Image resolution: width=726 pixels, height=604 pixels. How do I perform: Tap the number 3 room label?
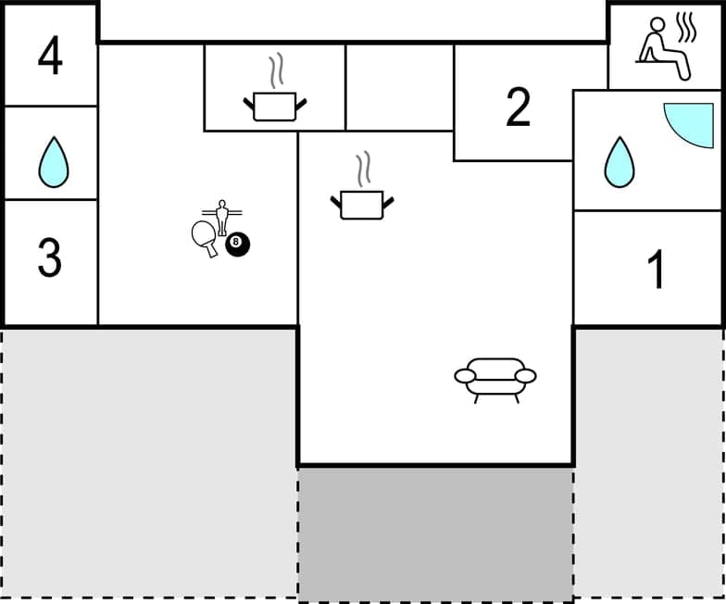(x=50, y=258)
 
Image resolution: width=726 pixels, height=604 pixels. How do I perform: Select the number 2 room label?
(x=519, y=108)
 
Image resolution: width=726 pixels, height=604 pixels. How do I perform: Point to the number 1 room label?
(x=656, y=271)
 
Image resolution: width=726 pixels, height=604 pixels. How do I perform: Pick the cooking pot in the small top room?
(x=274, y=105)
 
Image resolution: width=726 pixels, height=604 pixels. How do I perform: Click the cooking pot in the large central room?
(x=361, y=204)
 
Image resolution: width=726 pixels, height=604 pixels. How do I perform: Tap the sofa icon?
(x=495, y=379)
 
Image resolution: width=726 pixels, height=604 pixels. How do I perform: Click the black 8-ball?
(x=238, y=245)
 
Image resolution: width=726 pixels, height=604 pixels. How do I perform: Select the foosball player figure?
(x=220, y=216)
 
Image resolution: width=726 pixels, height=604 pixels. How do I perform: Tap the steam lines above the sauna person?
(x=685, y=28)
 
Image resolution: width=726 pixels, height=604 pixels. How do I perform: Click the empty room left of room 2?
(x=399, y=87)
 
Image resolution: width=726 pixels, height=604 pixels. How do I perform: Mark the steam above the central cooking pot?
(x=363, y=169)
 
